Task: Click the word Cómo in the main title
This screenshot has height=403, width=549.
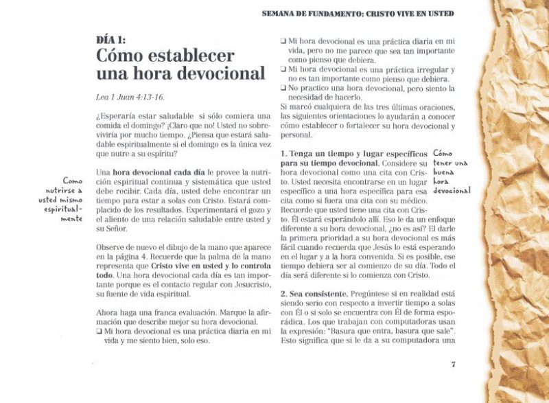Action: pyautogui.click(x=123, y=56)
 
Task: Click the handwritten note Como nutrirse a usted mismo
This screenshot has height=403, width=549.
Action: pyautogui.click(x=62, y=199)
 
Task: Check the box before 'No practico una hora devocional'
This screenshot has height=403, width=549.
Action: pyautogui.click(x=283, y=89)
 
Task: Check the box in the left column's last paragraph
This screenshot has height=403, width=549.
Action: pyautogui.click(x=100, y=332)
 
